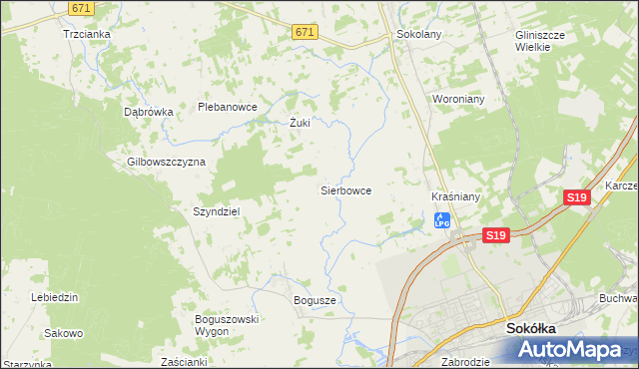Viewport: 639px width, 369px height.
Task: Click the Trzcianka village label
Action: click(86, 33)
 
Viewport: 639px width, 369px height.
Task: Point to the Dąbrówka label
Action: click(149, 112)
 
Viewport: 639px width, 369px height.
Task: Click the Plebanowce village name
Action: click(228, 107)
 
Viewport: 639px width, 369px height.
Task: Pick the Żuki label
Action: click(300, 124)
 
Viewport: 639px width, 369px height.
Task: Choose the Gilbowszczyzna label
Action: click(166, 161)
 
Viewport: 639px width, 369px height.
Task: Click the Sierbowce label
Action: click(345, 188)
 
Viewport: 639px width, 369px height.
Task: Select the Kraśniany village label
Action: click(456, 196)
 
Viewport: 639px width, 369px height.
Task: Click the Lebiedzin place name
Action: click(55, 297)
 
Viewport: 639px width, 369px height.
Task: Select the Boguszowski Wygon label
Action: click(227, 324)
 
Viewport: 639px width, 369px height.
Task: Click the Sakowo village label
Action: click(63, 333)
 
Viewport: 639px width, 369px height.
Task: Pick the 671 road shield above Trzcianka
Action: click(83, 7)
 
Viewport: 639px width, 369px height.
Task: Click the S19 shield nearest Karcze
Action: click(577, 197)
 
